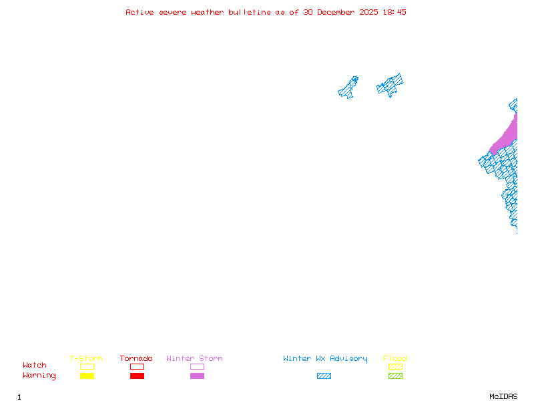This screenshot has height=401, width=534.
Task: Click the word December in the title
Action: [x=336, y=12]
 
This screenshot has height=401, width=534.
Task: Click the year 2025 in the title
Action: [x=368, y=12]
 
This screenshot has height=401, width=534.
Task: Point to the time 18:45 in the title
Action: [x=394, y=12]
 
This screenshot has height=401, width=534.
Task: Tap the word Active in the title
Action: [x=140, y=12]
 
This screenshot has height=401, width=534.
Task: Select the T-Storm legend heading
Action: [x=86, y=358]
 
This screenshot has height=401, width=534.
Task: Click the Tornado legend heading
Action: [x=136, y=358]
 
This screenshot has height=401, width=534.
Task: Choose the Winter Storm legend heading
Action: [x=194, y=358]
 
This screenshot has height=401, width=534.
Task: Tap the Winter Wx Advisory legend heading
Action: [x=325, y=359]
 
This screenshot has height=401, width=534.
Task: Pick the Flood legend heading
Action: [x=395, y=358]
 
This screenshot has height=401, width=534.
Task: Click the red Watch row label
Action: [x=35, y=365]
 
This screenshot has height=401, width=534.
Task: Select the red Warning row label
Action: [x=39, y=376]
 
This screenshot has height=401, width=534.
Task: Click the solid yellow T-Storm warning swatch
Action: [x=87, y=376]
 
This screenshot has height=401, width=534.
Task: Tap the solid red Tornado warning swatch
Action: [x=138, y=376]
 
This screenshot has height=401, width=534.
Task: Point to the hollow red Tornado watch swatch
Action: [x=138, y=364]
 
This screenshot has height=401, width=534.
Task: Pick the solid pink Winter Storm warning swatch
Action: [x=197, y=376]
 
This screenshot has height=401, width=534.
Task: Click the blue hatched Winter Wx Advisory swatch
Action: [x=324, y=376]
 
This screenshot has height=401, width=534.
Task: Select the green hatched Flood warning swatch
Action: [x=395, y=376]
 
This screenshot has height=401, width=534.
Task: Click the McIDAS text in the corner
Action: [x=503, y=396]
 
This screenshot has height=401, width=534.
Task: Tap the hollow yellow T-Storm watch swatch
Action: [x=87, y=364]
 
